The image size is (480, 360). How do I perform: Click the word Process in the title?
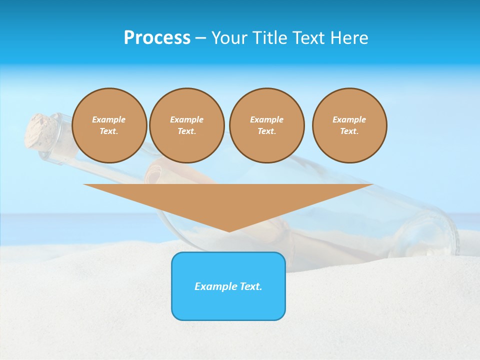point(157,38)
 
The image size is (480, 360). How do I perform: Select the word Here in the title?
point(350,38)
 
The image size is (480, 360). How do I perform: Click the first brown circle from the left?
point(109,125)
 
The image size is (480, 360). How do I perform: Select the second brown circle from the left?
point(186,125)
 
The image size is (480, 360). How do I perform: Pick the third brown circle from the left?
point(266,125)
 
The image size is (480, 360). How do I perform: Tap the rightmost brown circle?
point(349,125)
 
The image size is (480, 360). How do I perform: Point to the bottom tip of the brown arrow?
point(229,230)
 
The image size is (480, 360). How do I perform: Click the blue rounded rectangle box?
point(228,305)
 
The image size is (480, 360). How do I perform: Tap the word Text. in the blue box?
point(251,286)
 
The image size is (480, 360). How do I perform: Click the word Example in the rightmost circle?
point(349,119)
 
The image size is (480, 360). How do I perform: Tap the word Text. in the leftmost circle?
point(109,131)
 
